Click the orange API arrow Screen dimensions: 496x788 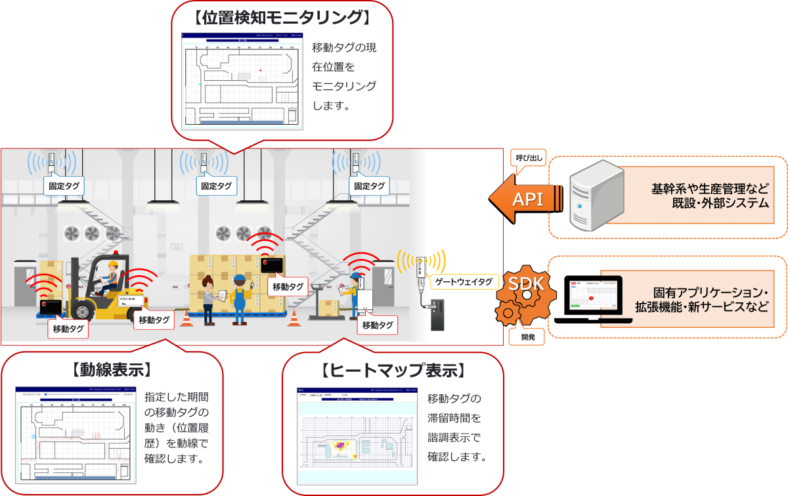(x=525, y=198)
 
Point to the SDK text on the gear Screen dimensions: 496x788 (x=525, y=284)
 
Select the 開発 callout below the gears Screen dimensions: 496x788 (x=527, y=337)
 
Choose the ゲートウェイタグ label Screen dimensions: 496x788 (x=462, y=282)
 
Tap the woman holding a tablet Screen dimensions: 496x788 (x=208, y=299)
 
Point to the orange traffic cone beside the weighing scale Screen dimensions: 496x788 (x=294, y=317)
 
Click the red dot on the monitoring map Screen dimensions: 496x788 (x=260, y=70)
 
